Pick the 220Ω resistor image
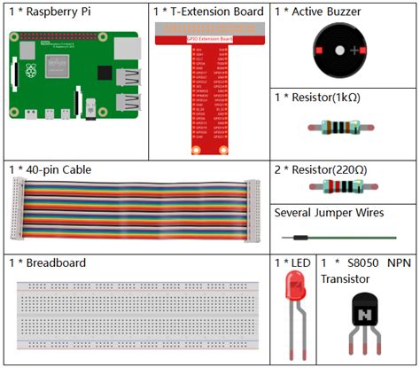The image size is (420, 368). [x=340, y=187]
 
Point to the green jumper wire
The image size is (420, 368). [x=341, y=237]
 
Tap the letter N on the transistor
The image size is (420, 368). [x=363, y=316]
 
